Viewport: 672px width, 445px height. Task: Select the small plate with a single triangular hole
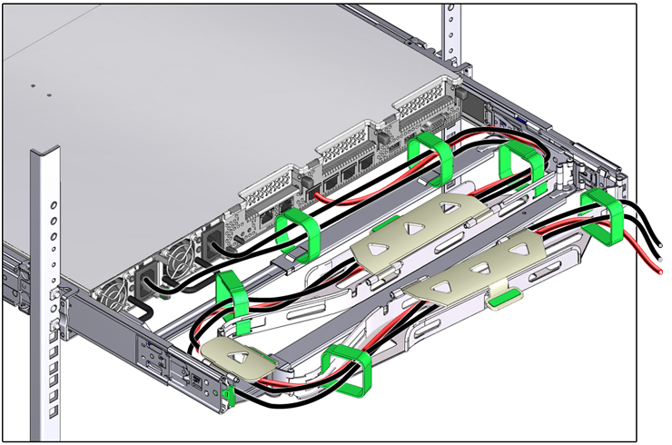point(239,357)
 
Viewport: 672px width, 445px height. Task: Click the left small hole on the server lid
point(34,88)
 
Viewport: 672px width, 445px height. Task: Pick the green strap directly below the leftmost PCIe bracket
point(300,234)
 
